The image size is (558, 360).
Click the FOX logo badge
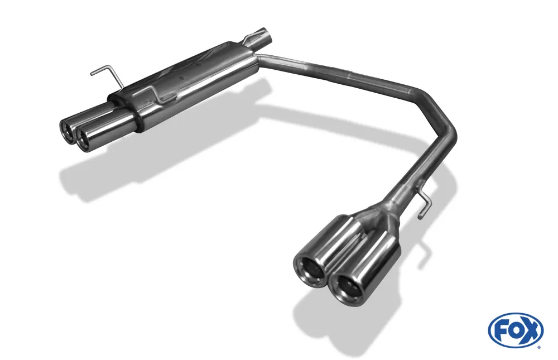pos(515,330)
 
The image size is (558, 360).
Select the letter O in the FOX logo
pos(514,330)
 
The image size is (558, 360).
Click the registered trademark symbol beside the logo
pos(538,347)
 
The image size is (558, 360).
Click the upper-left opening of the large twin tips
pos(307,265)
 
